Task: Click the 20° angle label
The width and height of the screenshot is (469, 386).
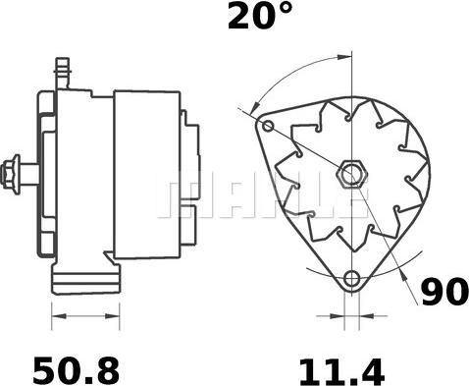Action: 259,15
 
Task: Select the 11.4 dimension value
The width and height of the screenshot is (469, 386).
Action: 342,371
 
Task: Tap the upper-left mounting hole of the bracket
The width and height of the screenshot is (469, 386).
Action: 268,126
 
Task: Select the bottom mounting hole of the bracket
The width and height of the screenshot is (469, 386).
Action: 351,279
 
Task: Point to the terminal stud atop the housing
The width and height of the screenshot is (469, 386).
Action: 62,73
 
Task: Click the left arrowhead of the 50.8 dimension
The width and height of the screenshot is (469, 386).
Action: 59,316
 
